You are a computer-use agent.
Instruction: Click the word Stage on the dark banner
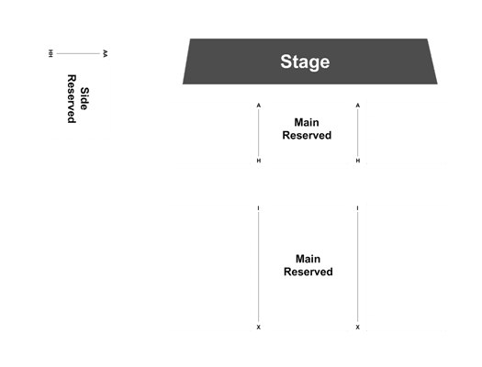pyautogui.click(x=305, y=62)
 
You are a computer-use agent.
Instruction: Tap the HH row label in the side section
pyautogui.click(x=50, y=53)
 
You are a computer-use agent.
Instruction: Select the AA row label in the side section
pyautogui.click(x=106, y=53)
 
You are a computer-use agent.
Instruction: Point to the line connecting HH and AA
pyautogui.click(x=78, y=53)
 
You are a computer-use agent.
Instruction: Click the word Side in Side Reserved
pyautogui.click(x=84, y=98)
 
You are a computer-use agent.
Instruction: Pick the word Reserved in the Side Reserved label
pyautogui.click(x=72, y=98)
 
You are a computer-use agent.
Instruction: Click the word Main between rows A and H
pyautogui.click(x=307, y=122)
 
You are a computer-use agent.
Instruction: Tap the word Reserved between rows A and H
pyautogui.click(x=307, y=135)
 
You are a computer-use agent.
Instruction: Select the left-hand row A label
pyautogui.click(x=259, y=106)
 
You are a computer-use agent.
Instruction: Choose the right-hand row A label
pyautogui.click(x=357, y=106)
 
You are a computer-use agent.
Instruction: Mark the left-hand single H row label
pyautogui.click(x=259, y=161)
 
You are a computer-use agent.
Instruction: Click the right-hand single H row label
pyautogui.click(x=357, y=161)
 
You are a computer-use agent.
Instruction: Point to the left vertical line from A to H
pyautogui.click(x=259, y=133)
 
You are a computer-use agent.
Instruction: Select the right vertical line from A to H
pyautogui.click(x=357, y=133)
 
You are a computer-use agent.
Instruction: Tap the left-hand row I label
pyautogui.click(x=259, y=208)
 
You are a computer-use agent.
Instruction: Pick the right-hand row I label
pyautogui.click(x=357, y=208)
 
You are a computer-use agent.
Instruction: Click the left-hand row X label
pyautogui.click(x=259, y=328)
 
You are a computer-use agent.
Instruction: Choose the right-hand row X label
pyautogui.click(x=357, y=328)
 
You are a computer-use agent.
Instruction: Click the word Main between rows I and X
pyautogui.click(x=308, y=259)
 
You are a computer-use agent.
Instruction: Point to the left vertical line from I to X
pyautogui.click(x=259, y=268)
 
